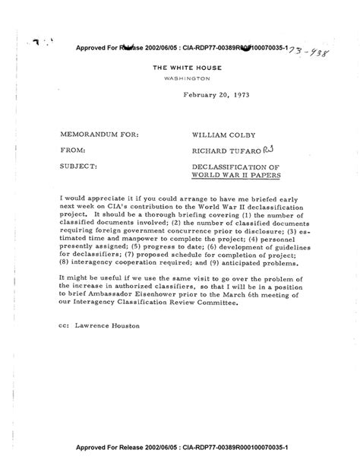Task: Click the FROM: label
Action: (72, 151)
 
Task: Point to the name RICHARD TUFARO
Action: (226, 151)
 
